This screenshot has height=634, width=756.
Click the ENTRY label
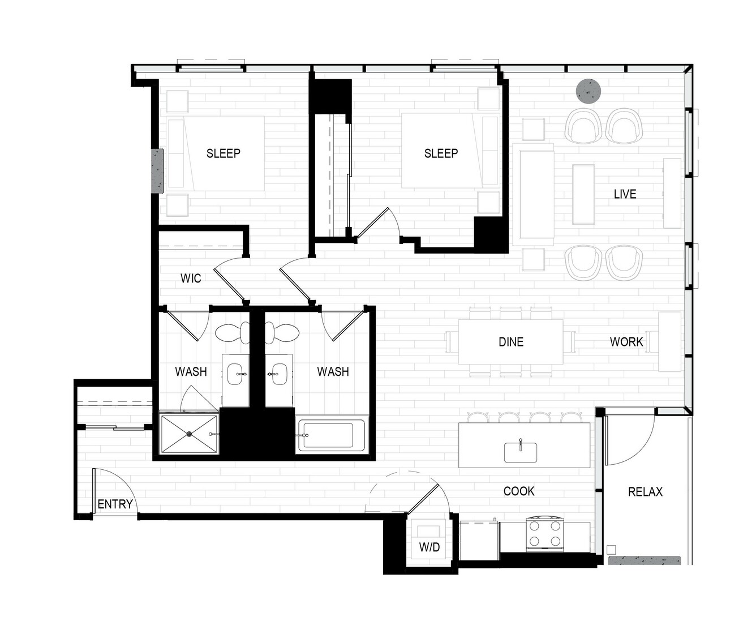(115, 504)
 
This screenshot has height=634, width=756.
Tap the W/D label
(429, 547)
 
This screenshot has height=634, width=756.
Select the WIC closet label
(191, 279)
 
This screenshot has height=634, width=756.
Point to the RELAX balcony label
(645, 491)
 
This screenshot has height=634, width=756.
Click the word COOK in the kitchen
(519, 491)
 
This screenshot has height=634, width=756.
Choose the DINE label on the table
(511, 342)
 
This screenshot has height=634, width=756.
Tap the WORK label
(626, 342)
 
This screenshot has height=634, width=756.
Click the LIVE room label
(625, 194)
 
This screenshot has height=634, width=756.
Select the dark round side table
(589, 91)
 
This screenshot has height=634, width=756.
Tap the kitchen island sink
(520, 452)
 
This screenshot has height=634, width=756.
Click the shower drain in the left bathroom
(190, 434)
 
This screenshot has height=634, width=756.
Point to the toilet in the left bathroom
(233, 333)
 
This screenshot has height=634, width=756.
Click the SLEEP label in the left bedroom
(223, 153)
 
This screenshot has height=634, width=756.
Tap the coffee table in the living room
(583, 194)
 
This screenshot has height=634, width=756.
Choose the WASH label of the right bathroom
(333, 371)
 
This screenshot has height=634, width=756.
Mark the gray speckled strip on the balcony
(644, 560)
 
